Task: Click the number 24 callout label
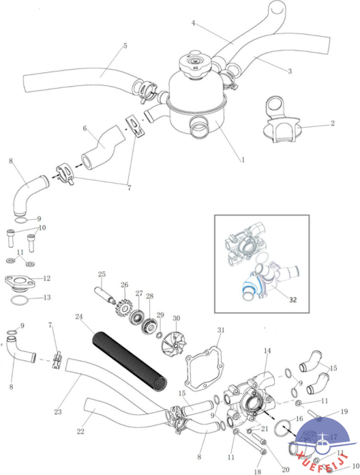[79, 317]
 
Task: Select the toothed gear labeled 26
[124, 307]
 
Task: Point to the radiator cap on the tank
[193, 63]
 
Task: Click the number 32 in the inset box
[292, 300]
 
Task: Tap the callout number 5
[125, 46]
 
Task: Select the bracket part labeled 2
[280, 119]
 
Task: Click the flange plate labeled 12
[20, 282]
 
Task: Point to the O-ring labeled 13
[20, 301]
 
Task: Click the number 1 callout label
[243, 160]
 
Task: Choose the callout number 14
[267, 351]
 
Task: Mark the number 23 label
[58, 412]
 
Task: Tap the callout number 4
[194, 23]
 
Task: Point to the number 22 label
[80, 431]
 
